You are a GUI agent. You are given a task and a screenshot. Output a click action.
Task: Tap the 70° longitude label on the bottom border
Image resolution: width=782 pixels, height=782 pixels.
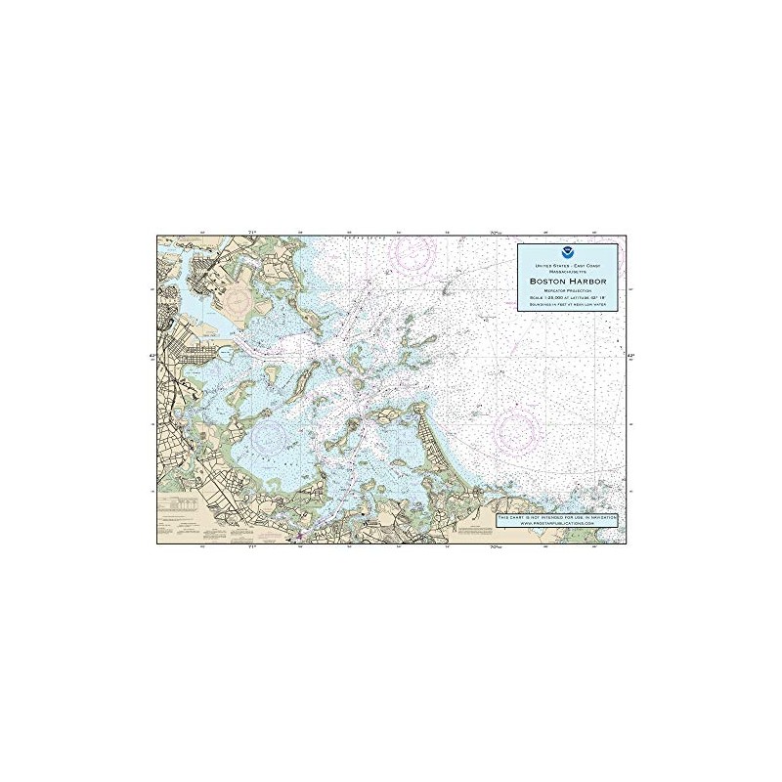pos(497,548)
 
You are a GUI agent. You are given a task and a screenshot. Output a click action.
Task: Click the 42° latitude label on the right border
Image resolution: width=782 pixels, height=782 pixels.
pos(630,356)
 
